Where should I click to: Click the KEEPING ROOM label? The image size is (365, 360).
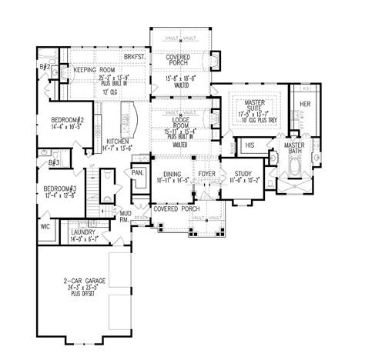coord(95,70)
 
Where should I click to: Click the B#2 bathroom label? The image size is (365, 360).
coord(45,68)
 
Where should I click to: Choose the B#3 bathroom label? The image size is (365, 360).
coord(54,163)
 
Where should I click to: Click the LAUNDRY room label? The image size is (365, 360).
coord(82,232)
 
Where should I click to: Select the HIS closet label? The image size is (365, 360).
coord(249,145)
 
